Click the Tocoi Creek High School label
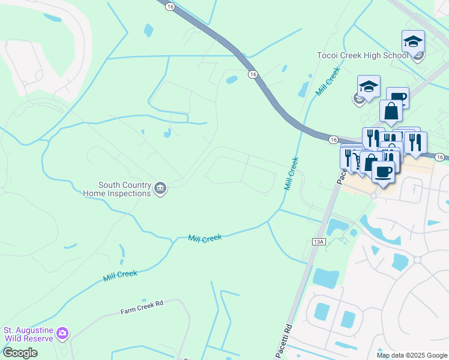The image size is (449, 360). pyautogui.click(x=363, y=56)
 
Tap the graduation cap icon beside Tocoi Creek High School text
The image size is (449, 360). pyautogui.click(x=413, y=41)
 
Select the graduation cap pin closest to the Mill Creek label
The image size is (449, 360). pyautogui.click(x=369, y=86)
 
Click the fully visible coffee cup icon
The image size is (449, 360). pyautogui.click(x=383, y=171)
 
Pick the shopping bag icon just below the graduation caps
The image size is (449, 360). pyautogui.click(x=391, y=110)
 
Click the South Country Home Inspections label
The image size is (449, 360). pyautogui.click(x=125, y=189)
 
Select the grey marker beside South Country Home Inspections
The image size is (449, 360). pyautogui.click(x=160, y=189)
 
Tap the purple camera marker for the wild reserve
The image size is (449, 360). pyautogui.click(x=62, y=332)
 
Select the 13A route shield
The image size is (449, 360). pyautogui.click(x=319, y=241)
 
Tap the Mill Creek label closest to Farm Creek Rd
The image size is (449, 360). pyautogui.click(x=119, y=275)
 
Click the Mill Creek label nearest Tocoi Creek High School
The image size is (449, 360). pyautogui.click(x=328, y=82)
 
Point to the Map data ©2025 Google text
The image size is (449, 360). pyautogui.click(x=411, y=355)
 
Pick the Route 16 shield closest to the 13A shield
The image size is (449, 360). pyautogui.click(x=333, y=139)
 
